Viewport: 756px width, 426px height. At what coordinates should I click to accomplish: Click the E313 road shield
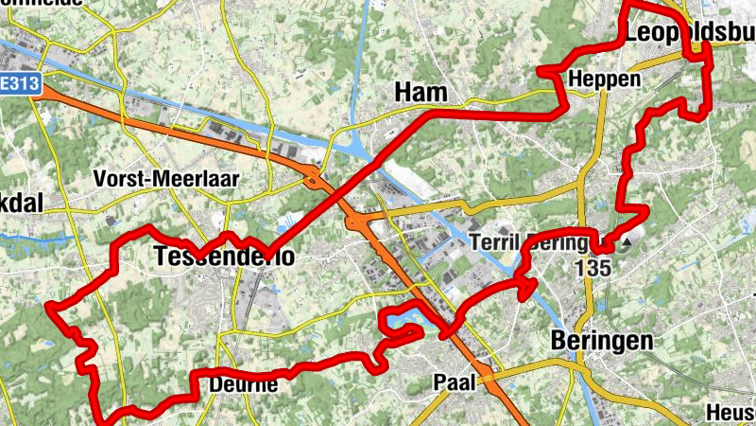point(19,83)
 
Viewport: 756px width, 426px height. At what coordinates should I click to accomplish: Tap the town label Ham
point(421,92)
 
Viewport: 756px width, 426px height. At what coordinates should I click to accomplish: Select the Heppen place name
point(605,80)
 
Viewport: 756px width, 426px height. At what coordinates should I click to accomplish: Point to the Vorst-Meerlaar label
point(166,178)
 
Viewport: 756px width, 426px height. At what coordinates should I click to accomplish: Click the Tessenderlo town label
point(223,257)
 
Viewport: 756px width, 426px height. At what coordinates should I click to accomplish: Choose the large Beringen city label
point(602,341)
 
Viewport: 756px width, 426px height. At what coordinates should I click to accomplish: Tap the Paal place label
point(453,382)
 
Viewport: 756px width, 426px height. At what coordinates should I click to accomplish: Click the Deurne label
point(243,384)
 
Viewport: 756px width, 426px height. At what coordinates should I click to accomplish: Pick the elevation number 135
point(593,268)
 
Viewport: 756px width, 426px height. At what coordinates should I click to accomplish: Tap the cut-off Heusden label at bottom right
point(731,413)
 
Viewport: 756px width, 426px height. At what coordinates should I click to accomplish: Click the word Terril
point(491,242)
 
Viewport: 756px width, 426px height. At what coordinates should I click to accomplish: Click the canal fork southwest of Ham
point(358,148)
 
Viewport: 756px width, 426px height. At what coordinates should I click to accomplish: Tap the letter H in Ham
point(403,92)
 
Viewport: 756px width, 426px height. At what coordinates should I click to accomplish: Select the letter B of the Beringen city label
point(559,341)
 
